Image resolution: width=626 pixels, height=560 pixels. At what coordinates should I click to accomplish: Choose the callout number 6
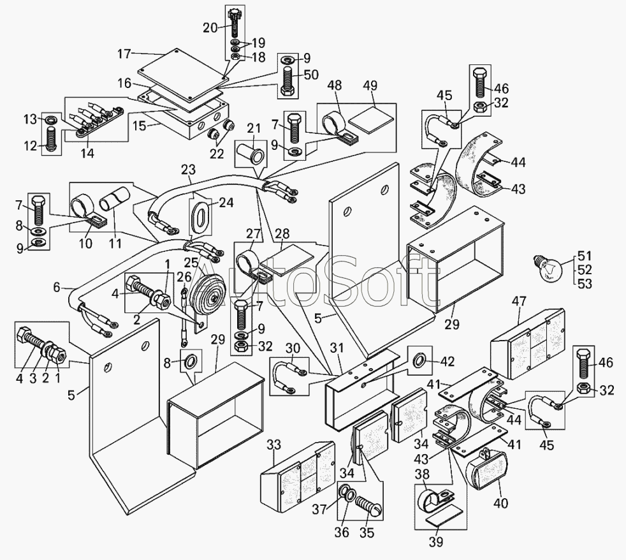[x=57, y=288]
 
